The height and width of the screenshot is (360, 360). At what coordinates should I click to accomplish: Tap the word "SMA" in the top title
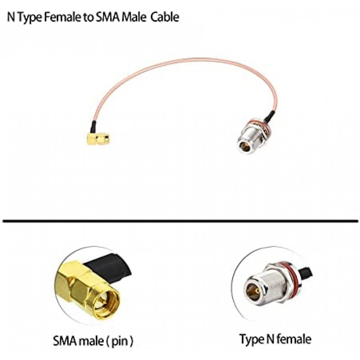coord(108,18)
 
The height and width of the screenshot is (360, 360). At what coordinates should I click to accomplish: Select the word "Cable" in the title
coord(165,18)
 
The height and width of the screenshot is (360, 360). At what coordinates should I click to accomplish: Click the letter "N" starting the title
coord(10,18)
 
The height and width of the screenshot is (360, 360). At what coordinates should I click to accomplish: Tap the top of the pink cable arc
coord(189,58)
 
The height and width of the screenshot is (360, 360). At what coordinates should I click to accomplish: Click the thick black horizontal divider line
coord(180,221)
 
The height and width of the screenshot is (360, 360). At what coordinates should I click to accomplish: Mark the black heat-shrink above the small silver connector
coord(268,117)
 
